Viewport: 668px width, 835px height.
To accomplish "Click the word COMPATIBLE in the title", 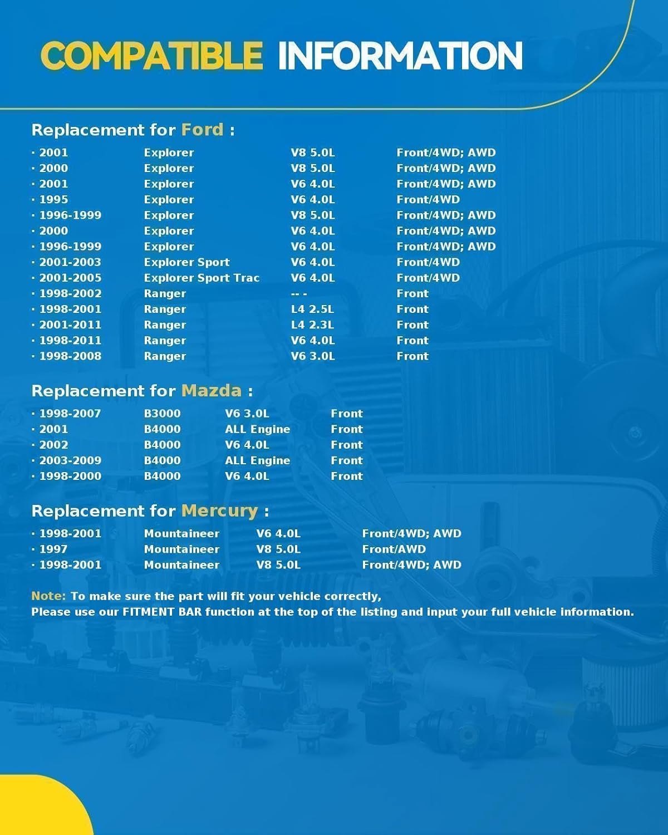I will point(151,56).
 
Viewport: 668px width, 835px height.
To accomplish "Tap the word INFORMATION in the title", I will point(400,56).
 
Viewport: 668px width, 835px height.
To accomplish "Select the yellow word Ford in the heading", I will point(202,130).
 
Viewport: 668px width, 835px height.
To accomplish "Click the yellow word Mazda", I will point(212,391).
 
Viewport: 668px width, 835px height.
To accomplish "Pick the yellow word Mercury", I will point(219,510).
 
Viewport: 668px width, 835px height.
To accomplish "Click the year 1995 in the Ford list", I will point(53,199).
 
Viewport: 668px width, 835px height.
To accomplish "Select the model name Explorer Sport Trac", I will point(202,278).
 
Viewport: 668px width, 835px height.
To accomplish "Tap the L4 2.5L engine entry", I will point(312,309).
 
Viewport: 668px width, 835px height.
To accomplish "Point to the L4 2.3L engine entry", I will point(312,325).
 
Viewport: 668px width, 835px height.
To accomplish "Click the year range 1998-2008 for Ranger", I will point(70,356).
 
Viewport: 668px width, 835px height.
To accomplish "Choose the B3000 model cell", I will point(162,414).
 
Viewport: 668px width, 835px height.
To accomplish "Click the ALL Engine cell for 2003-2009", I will point(257,460).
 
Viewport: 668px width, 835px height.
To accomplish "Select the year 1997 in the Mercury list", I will point(53,549).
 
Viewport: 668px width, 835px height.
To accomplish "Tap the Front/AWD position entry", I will point(394,549).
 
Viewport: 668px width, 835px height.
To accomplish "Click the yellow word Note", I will point(48,596).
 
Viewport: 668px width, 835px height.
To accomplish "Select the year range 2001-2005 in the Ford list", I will point(70,278).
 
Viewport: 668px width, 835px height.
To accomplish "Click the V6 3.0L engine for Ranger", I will point(312,356).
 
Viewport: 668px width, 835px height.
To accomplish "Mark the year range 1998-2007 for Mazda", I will point(70,414).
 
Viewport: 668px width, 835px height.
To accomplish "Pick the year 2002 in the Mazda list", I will point(53,445).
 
